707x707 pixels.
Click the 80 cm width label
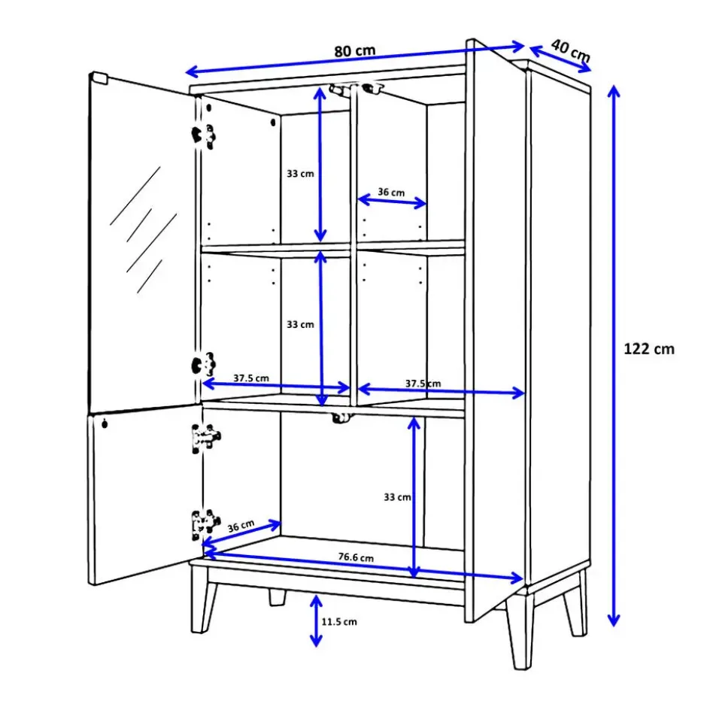pyautogui.click(x=355, y=51)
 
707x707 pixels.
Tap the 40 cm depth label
pyautogui.click(x=571, y=50)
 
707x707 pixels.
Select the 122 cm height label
pyautogui.click(x=649, y=348)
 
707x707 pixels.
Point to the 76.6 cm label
pyautogui.click(x=356, y=557)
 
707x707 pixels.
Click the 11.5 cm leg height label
pyautogui.click(x=339, y=622)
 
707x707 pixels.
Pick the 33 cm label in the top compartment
pyautogui.click(x=300, y=174)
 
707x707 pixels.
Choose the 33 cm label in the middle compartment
pyautogui.click(x=300, y=325)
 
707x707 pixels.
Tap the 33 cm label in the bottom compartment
pyautogui.click(x=397, y=497)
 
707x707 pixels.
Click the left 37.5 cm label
pyautogui.click(x=251, y=378)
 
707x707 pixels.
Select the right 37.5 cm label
pyautogui.click(x=423, y=384)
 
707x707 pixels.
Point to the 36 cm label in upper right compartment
pyautogui.click(x=391, y=192)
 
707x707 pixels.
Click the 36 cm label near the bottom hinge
pyautogui.click(x=241, y=526)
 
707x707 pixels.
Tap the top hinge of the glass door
pyautogui.click(x=203, y=135)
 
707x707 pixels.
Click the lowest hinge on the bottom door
pyautogui.click(x=205, y=524)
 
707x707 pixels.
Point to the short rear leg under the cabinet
pyautogui.click(x=278, y=597)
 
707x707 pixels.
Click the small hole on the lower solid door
pyautogui.click(x=104, y=423)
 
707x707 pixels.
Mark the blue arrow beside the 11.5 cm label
pyautogui.click(x=316, y=621)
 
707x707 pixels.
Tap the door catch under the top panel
pyautogui.click(x=356, y=89)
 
